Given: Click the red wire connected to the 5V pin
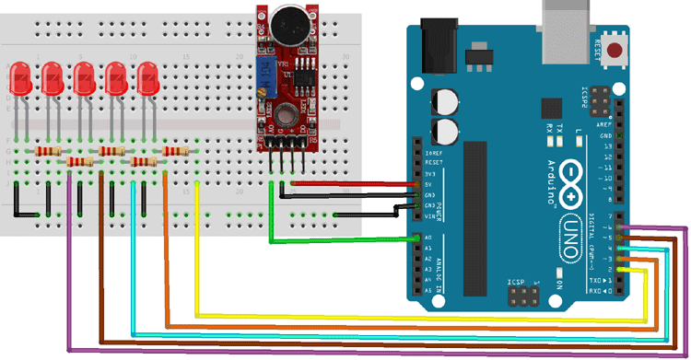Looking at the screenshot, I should click(350, 183).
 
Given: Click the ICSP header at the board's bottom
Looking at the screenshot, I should click(524, 296).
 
